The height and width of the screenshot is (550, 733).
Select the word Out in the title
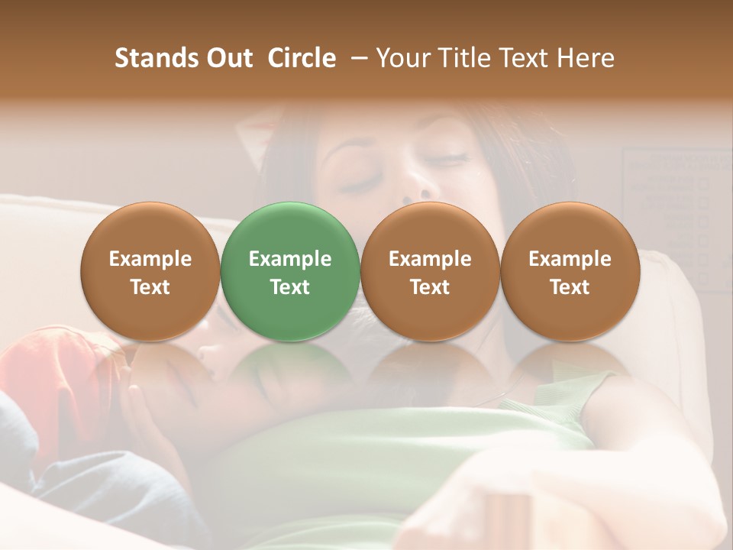(x=228, y=58)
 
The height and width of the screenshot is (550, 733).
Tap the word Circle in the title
(x=301, y=58)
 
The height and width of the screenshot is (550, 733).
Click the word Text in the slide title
(x=524, y=58)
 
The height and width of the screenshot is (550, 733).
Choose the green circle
(x=289, y=271)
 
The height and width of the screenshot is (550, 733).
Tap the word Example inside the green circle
(x=289, y=259)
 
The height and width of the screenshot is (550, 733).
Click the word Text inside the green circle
(x=289, y=287)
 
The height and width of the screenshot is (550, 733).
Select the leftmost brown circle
(x=150, y=271)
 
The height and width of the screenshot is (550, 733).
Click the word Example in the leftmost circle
(x=150, y=259)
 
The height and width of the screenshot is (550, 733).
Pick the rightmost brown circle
(x=570, y=271)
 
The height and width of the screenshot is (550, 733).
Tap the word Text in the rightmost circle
(x=570, y=287)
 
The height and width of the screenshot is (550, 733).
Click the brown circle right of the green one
(x=430, y=271)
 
